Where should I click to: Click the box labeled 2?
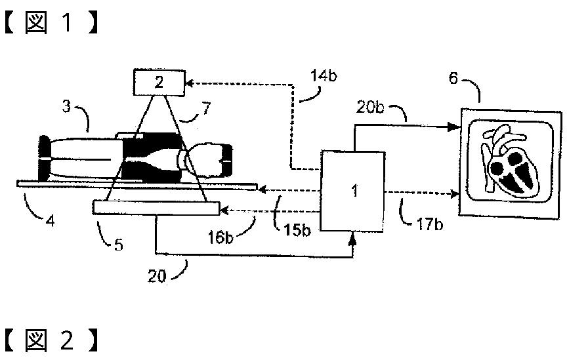159,83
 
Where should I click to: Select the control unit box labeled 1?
354,191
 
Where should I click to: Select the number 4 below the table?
50,221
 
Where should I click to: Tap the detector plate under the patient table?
156,207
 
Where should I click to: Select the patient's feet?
45,159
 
